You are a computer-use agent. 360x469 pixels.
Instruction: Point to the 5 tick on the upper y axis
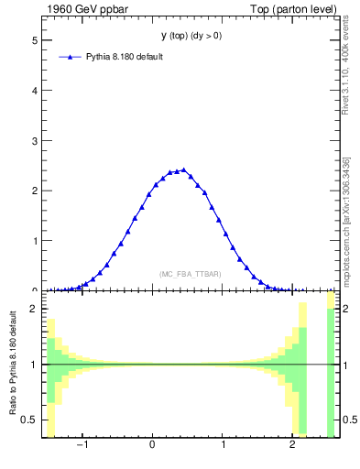(37, 41)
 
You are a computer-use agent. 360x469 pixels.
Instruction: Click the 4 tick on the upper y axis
(37, 92)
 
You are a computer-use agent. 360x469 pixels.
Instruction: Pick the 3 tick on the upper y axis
(37, 141)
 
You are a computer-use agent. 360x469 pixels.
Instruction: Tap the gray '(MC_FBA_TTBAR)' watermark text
(191, 274)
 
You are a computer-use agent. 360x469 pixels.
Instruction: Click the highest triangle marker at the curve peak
(184, 169)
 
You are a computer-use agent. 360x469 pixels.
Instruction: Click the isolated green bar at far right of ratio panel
(332, 371)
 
